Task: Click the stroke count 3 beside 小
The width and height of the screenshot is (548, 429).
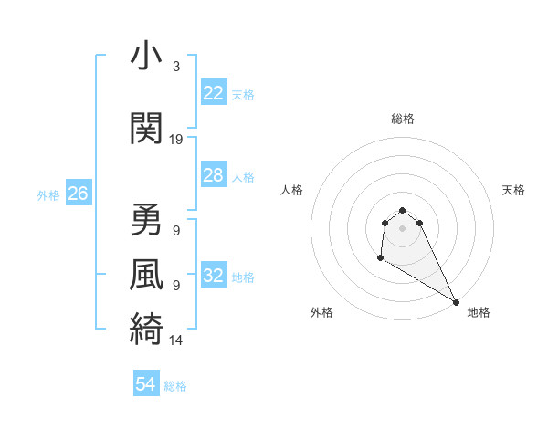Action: click(176, 67)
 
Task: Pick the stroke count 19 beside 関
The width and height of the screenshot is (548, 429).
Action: click(176, 140)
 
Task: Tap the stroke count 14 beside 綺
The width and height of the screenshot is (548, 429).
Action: click(176, 340)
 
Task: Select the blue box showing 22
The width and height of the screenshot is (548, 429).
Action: click(213, 93)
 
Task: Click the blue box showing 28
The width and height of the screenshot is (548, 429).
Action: click(213, 175)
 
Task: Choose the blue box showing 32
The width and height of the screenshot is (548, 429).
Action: click(213, 276)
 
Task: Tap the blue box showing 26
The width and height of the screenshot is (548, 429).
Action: click(78, 194)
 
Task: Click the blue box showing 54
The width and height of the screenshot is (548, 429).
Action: click(146, 384)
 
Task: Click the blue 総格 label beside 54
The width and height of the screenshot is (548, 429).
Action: click(175, 386)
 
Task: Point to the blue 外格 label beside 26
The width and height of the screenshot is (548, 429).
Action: click(48, 195)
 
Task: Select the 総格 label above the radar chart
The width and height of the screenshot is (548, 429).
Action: click(403, 119)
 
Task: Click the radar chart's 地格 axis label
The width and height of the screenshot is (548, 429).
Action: click(479, 312)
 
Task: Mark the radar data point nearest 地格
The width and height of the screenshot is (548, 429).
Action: click(456, 302)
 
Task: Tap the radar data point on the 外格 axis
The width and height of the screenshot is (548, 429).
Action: click(380, 258)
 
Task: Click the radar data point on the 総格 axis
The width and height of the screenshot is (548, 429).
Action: click(403, 207)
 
